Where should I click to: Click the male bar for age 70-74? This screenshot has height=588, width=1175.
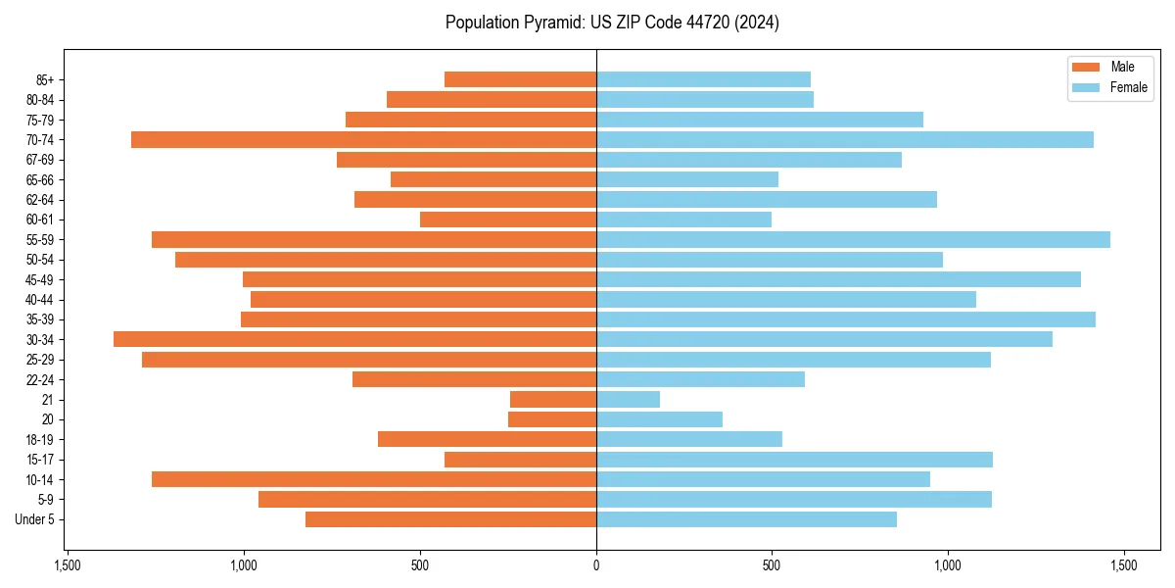[x=363, y=140]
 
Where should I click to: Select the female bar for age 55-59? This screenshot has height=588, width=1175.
[x=853, y=240]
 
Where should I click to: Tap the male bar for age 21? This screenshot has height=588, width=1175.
[x=553, y=400]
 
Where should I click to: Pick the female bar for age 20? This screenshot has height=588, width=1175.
[x=659, y=419]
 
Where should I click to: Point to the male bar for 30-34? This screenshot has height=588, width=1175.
[x=354, y=340]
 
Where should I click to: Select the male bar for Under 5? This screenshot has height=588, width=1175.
[x=450, y=519]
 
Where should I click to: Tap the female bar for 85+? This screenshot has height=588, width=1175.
[x=703, y=79]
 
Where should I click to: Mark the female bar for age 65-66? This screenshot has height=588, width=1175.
[x=687, y=180]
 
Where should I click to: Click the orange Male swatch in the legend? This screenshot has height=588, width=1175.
[x=1086, y=68]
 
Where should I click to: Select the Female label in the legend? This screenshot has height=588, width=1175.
[x=1128, y=87]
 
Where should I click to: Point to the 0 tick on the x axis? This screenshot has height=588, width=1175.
[x=596, y=565]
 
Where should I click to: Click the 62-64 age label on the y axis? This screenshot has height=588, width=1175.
[x=38, y=200]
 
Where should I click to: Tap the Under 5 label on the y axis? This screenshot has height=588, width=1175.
[x=34, y=519]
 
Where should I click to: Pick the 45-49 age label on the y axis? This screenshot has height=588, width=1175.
[x=38, y=280]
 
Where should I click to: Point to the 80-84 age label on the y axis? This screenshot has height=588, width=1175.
[x=38, y=100]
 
